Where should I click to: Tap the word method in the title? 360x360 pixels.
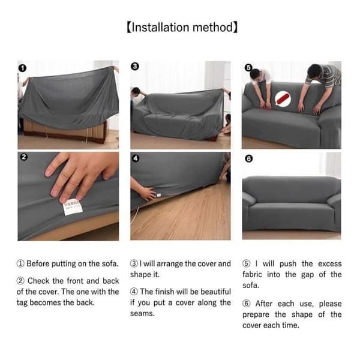pyautogui.click(x=213, y=28)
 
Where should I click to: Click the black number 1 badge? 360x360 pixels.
pyautogui.click(x=22, y=68)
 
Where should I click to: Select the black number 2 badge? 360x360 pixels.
pyautogui.click(x=23, y=157)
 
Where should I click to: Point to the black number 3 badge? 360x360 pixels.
pyautogui.click(x=135, y=67)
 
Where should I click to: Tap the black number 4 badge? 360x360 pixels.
pyautogui.click(x=136, y=158)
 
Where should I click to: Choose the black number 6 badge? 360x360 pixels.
pyautogui.click(x=248, y=158)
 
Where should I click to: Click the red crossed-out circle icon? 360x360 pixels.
pyautogui.click(x=283, y=99)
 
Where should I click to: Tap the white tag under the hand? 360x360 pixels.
pyautogui.click(x=73, y=207)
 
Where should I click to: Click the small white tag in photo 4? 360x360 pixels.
pyautogui.click(x=158, y=195)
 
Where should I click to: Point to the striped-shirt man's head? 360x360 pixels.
pyautogui.click(x=314, y=71)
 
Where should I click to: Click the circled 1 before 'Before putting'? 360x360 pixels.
pyautogui.click(x=20, y=263)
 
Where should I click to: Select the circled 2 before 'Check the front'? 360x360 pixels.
pyautogui.click(x=20, y=281)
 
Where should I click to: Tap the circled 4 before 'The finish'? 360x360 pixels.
pyautogui.click(x=134, y=292)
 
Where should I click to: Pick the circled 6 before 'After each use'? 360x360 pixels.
pyautogui.click(x=247, y=304)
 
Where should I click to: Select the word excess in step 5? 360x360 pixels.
pyautogui.click(x=329, y=264)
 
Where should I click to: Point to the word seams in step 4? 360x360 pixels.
pyautogui.click(x=142, y=314)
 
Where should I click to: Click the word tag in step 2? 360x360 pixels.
pyautogui.click(x=22, y=303)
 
